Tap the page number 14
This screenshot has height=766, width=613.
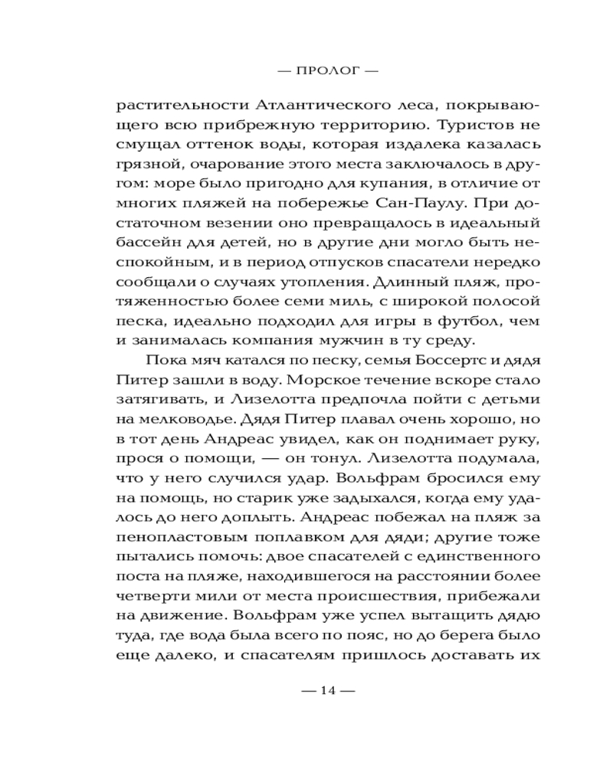pos(329,690)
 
